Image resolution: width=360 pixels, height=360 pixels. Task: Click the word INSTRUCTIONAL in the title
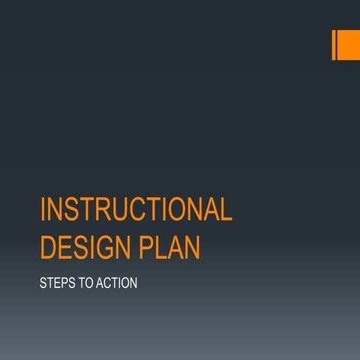pyautogui.click(x=136, y=210)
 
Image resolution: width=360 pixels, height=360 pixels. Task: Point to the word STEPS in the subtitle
pyautogui.click(x=55, y=285)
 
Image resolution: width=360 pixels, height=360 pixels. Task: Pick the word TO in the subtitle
pyautogui.click(x=85, y=285)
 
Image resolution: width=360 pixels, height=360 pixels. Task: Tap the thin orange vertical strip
pyautogui.click(x=334, y=44)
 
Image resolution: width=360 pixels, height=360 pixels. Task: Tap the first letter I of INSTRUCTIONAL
pyautogui.click(x=43, y=210)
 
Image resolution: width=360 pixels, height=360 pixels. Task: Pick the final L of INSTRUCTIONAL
pyautogui.click(x=226, y=210)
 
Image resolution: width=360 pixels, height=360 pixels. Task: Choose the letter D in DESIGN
pyautogui.click(x=49, y=247)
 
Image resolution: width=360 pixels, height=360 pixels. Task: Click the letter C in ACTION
pyautogui.click(x=110, y=285)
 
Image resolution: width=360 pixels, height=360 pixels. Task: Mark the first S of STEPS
pyautogui.click(x=43, y=285)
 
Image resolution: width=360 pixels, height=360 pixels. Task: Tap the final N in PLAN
pyautogui.click(x=193, y=247)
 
